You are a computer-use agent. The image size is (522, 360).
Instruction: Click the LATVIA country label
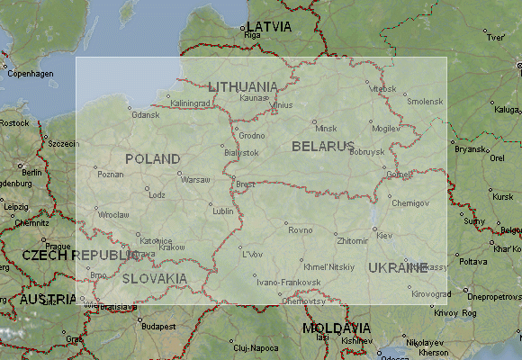(x=269, y=26)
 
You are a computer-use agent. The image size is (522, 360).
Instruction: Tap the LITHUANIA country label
(x=243, y=86)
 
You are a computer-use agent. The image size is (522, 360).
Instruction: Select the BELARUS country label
(x=322, y=145)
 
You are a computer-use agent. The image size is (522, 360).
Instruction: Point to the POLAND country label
(x=153, y=158)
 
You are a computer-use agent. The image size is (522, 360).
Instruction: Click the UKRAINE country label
(x=397, y=267)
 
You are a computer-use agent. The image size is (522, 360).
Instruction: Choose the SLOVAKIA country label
(x=155, y=278)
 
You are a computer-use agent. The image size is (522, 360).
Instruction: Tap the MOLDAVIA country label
(x=336, y=328)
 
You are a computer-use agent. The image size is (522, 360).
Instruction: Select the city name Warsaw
(x=195, y=180)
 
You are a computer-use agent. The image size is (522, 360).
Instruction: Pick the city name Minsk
(x=325, y=128)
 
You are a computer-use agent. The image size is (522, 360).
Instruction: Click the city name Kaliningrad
(x=190, y=103)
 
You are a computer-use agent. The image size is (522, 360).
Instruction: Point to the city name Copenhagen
(x=30, y=74)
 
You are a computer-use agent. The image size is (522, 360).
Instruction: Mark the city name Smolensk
(x=425, y=102)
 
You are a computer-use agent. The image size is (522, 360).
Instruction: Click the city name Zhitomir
(x=350, y=241)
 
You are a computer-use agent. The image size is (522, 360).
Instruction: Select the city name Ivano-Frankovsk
(x=288, y=283)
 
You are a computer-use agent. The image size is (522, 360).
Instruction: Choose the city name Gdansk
(x=145, y=115)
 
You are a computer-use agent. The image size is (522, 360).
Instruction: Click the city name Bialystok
(x=241, y=153)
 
